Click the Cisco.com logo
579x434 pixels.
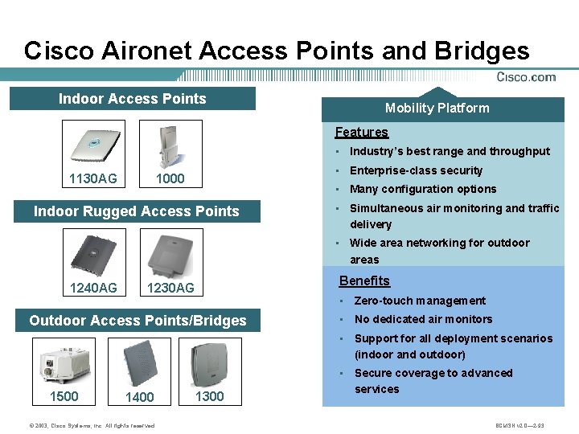[x=526, y=77]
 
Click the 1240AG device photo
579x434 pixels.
[x=94, y=252]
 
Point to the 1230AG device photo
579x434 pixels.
[x=170, y=252]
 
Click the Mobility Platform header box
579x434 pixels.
[x=437, y=108]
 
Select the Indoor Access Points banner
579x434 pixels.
[x=133, y=99]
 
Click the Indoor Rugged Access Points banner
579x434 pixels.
[x=136, y=211]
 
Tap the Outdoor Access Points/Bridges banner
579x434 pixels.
[x=138, y=321]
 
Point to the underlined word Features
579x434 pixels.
[x=361, y=132]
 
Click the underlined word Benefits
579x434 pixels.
[x=364, y=280]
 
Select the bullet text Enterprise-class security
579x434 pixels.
[x=416, y=170]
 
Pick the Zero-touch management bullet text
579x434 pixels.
[x=420, y=301]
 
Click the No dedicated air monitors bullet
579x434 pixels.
[x=423, y=319]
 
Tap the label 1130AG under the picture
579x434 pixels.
[x=92, y=178]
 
